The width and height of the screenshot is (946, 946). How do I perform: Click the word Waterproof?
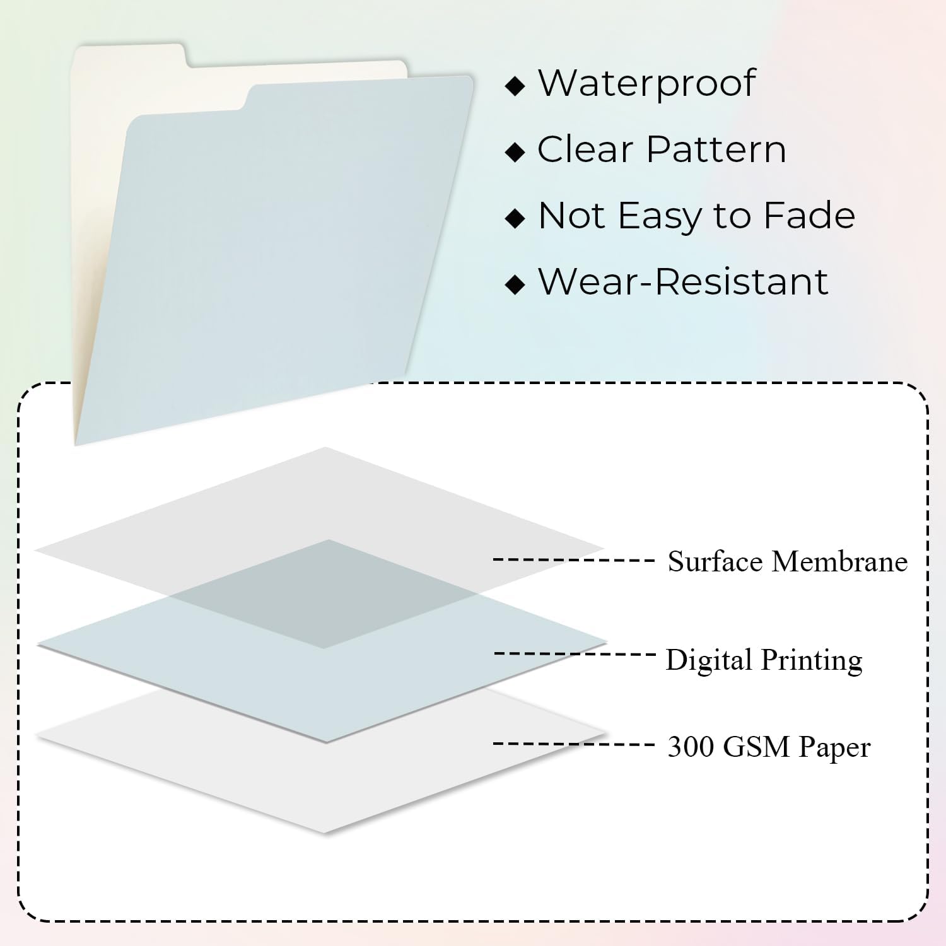[646, 83]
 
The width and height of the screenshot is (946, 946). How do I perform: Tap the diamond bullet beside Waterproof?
[515, 86]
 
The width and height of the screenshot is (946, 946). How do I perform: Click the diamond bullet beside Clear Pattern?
[515, 152]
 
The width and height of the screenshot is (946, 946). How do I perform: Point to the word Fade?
[809, 216]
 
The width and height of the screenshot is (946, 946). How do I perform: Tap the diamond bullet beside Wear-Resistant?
[515, 284]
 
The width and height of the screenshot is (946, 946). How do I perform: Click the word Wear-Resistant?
[683, 282]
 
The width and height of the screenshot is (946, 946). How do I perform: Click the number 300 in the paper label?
[691, 747]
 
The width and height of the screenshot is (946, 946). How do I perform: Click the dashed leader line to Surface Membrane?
[573, 559]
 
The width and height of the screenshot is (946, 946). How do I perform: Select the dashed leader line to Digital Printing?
[575, 654]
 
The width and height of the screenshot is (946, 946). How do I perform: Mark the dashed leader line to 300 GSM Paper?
[573, 744]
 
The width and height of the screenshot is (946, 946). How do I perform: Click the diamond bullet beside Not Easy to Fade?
[515, 218]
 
